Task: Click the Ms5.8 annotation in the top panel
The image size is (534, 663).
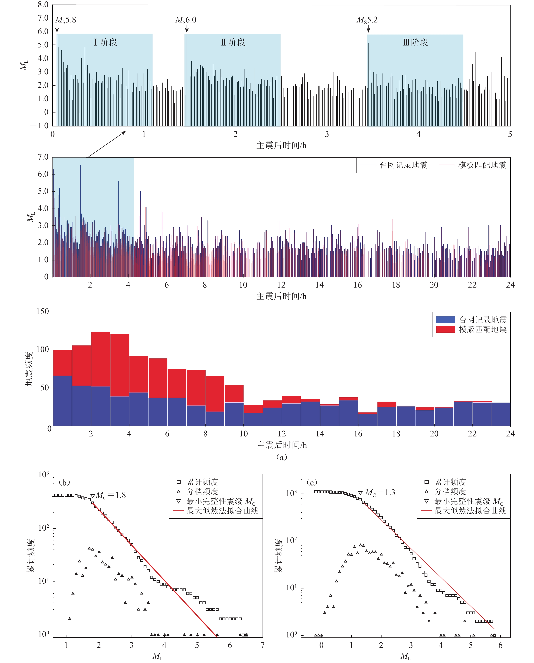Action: point(65,20)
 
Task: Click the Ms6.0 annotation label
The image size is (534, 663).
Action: point(186,20)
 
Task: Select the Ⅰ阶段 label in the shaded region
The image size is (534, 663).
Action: point(106,42)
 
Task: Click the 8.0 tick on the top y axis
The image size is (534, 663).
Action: point(43,5)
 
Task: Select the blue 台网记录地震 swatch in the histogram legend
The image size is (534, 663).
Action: point(445,319)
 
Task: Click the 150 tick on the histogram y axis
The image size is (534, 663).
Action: point(42,312)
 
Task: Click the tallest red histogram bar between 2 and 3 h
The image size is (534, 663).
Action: point(101,359)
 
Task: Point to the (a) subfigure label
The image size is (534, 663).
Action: point(282,457)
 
